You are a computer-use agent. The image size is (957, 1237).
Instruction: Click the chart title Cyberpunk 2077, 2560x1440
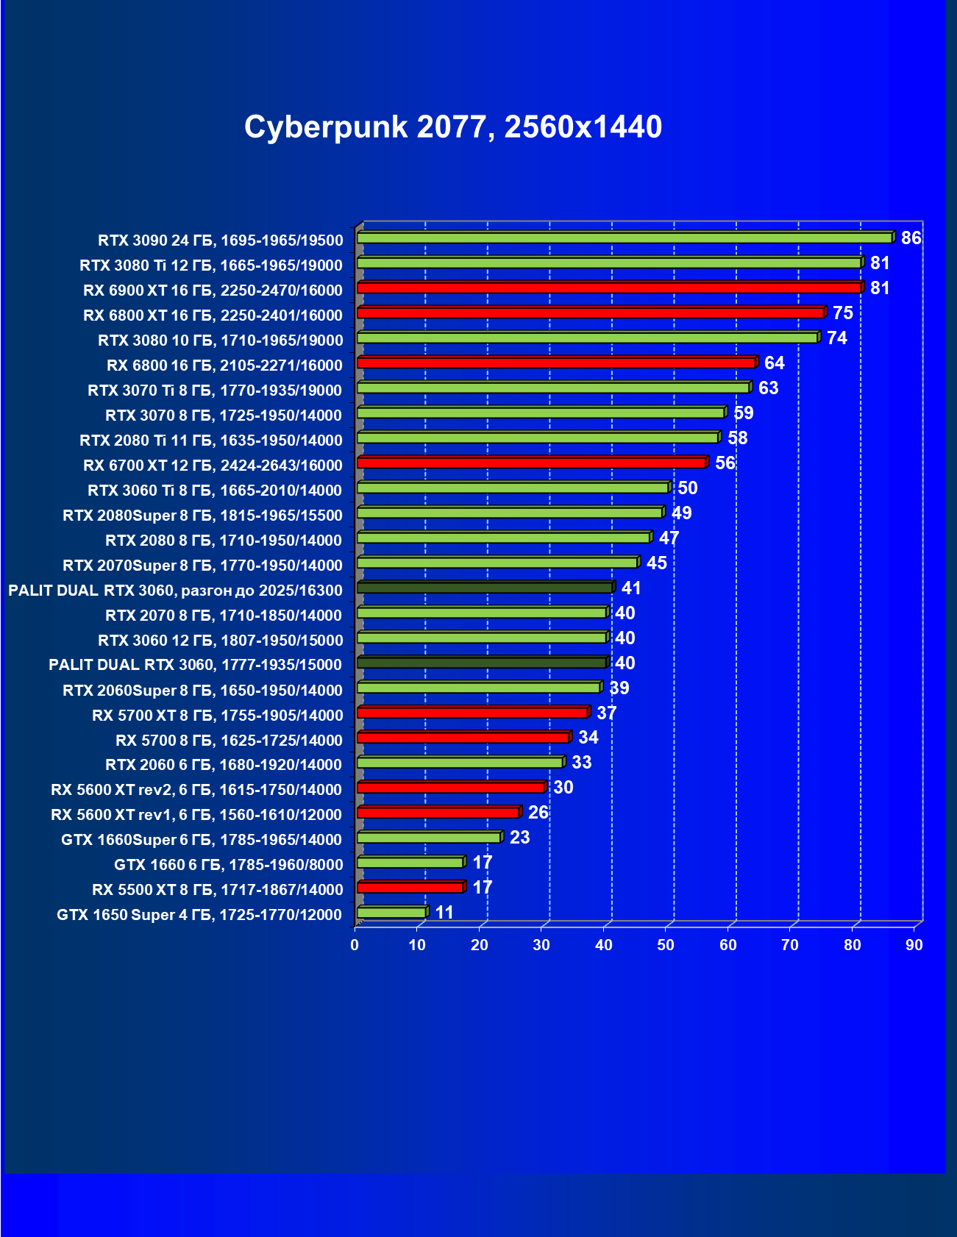click(453, 127)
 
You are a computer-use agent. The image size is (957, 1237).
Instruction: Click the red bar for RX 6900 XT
click(609, 288)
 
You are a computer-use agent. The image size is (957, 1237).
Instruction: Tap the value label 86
click(911, 238)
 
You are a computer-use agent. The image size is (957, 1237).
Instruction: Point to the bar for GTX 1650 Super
click(391, 913)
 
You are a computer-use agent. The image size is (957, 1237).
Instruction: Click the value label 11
click(444, 913)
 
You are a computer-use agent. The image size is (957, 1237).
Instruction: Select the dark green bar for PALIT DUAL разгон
click(484, 588)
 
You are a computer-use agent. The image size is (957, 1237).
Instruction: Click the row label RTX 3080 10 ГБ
click(220, 341)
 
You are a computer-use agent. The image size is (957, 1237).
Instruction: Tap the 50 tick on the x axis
click(666, 945)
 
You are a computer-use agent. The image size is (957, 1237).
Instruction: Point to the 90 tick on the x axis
click(914, 945)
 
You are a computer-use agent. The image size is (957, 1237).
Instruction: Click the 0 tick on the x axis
click(355, 945)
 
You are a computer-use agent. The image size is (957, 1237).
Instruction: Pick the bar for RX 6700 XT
click(531, 463)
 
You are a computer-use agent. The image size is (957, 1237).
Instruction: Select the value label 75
click(842, 313)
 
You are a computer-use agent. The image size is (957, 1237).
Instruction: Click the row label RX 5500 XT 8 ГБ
click(217, 890)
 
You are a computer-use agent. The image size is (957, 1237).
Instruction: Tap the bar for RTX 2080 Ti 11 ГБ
click(537, 438)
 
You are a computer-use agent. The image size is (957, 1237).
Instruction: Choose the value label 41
click(631, 588)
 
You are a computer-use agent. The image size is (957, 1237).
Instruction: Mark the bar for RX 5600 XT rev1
click(438, 813)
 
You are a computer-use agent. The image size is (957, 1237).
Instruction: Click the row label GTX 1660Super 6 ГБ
click(202, 840)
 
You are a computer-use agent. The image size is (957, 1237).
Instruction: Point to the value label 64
click(774, 363)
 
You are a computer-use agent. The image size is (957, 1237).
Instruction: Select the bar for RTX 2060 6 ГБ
click(460, 763)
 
